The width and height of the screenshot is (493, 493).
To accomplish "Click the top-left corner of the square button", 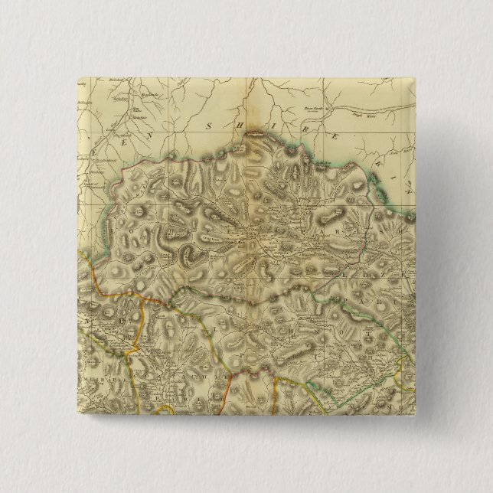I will click(77, 77).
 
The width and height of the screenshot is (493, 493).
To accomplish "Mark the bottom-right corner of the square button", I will click(416, 416).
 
